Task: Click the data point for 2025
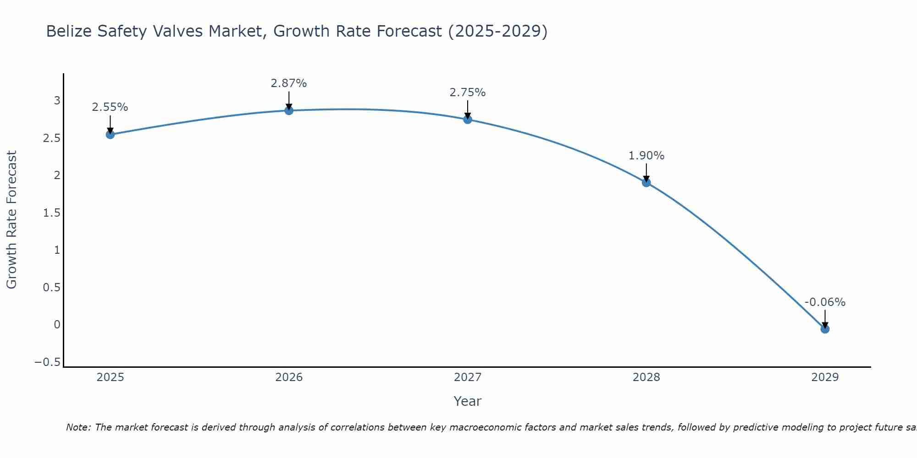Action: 110,134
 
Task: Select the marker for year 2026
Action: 289,110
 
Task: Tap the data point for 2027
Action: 468,120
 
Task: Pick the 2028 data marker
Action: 646,183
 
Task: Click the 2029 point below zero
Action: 825,329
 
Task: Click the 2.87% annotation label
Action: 289,83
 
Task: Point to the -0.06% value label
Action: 825,302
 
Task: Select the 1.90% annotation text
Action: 646,156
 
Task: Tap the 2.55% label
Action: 110,107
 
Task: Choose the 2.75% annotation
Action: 468,93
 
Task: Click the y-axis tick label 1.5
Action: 51,213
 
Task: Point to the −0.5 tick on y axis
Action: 47,362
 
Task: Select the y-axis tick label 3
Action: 57,100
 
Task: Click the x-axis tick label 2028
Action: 646,377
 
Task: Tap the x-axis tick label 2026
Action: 289,377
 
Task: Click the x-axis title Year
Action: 468,401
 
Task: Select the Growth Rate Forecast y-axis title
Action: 11,220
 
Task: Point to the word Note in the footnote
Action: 78,427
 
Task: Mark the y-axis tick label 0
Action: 57,325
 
